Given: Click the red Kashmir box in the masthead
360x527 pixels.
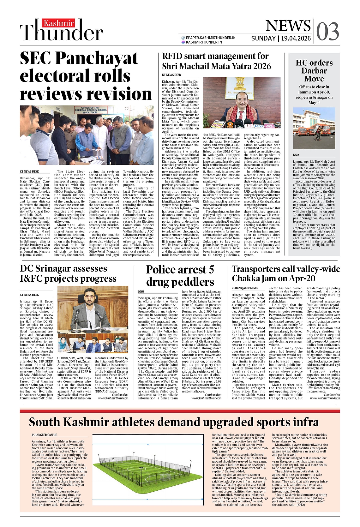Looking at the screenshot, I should pos(59,23).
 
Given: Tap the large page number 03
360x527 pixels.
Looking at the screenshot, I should pos(327,32).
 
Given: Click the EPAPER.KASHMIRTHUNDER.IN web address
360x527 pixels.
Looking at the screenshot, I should pos(211,38).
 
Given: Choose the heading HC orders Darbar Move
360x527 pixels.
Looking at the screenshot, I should pos(314,71).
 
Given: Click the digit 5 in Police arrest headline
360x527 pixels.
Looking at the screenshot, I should pos(211,270).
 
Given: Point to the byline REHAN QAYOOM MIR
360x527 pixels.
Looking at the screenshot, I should pos(245,288).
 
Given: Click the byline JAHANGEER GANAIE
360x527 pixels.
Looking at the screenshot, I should pos(44,435).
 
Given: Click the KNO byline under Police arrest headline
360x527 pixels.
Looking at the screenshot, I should pos(141,291).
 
